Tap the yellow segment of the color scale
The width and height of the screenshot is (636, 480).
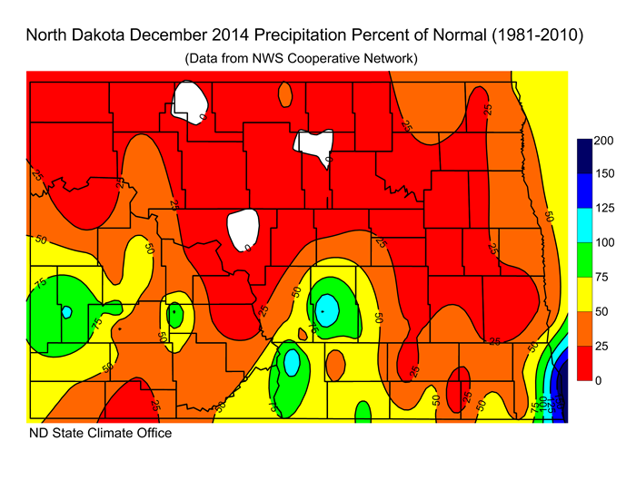pos(584,294)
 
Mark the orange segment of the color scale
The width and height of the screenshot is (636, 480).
pos(584,328)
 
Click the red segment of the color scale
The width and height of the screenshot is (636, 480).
pos(584,363)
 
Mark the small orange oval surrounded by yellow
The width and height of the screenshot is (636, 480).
pos(335,365)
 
